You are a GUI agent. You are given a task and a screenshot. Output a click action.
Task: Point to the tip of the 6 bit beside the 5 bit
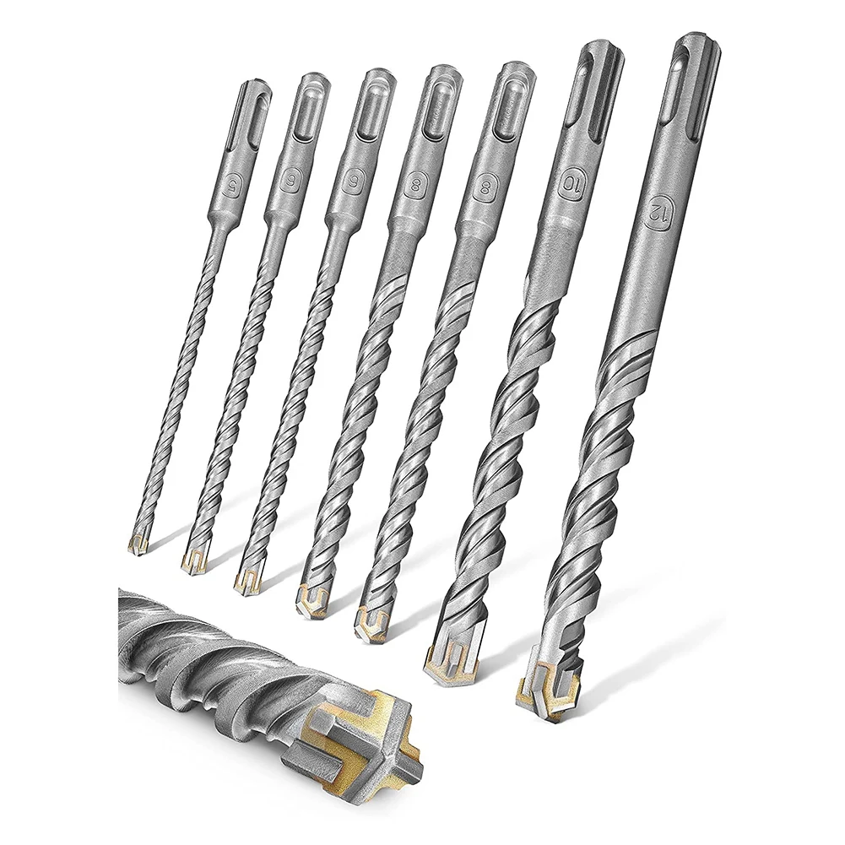pyautogui.click(x=193, y=558)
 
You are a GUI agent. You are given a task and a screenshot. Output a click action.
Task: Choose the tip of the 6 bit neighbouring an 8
pyautogui.click(x=246, y=577)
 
